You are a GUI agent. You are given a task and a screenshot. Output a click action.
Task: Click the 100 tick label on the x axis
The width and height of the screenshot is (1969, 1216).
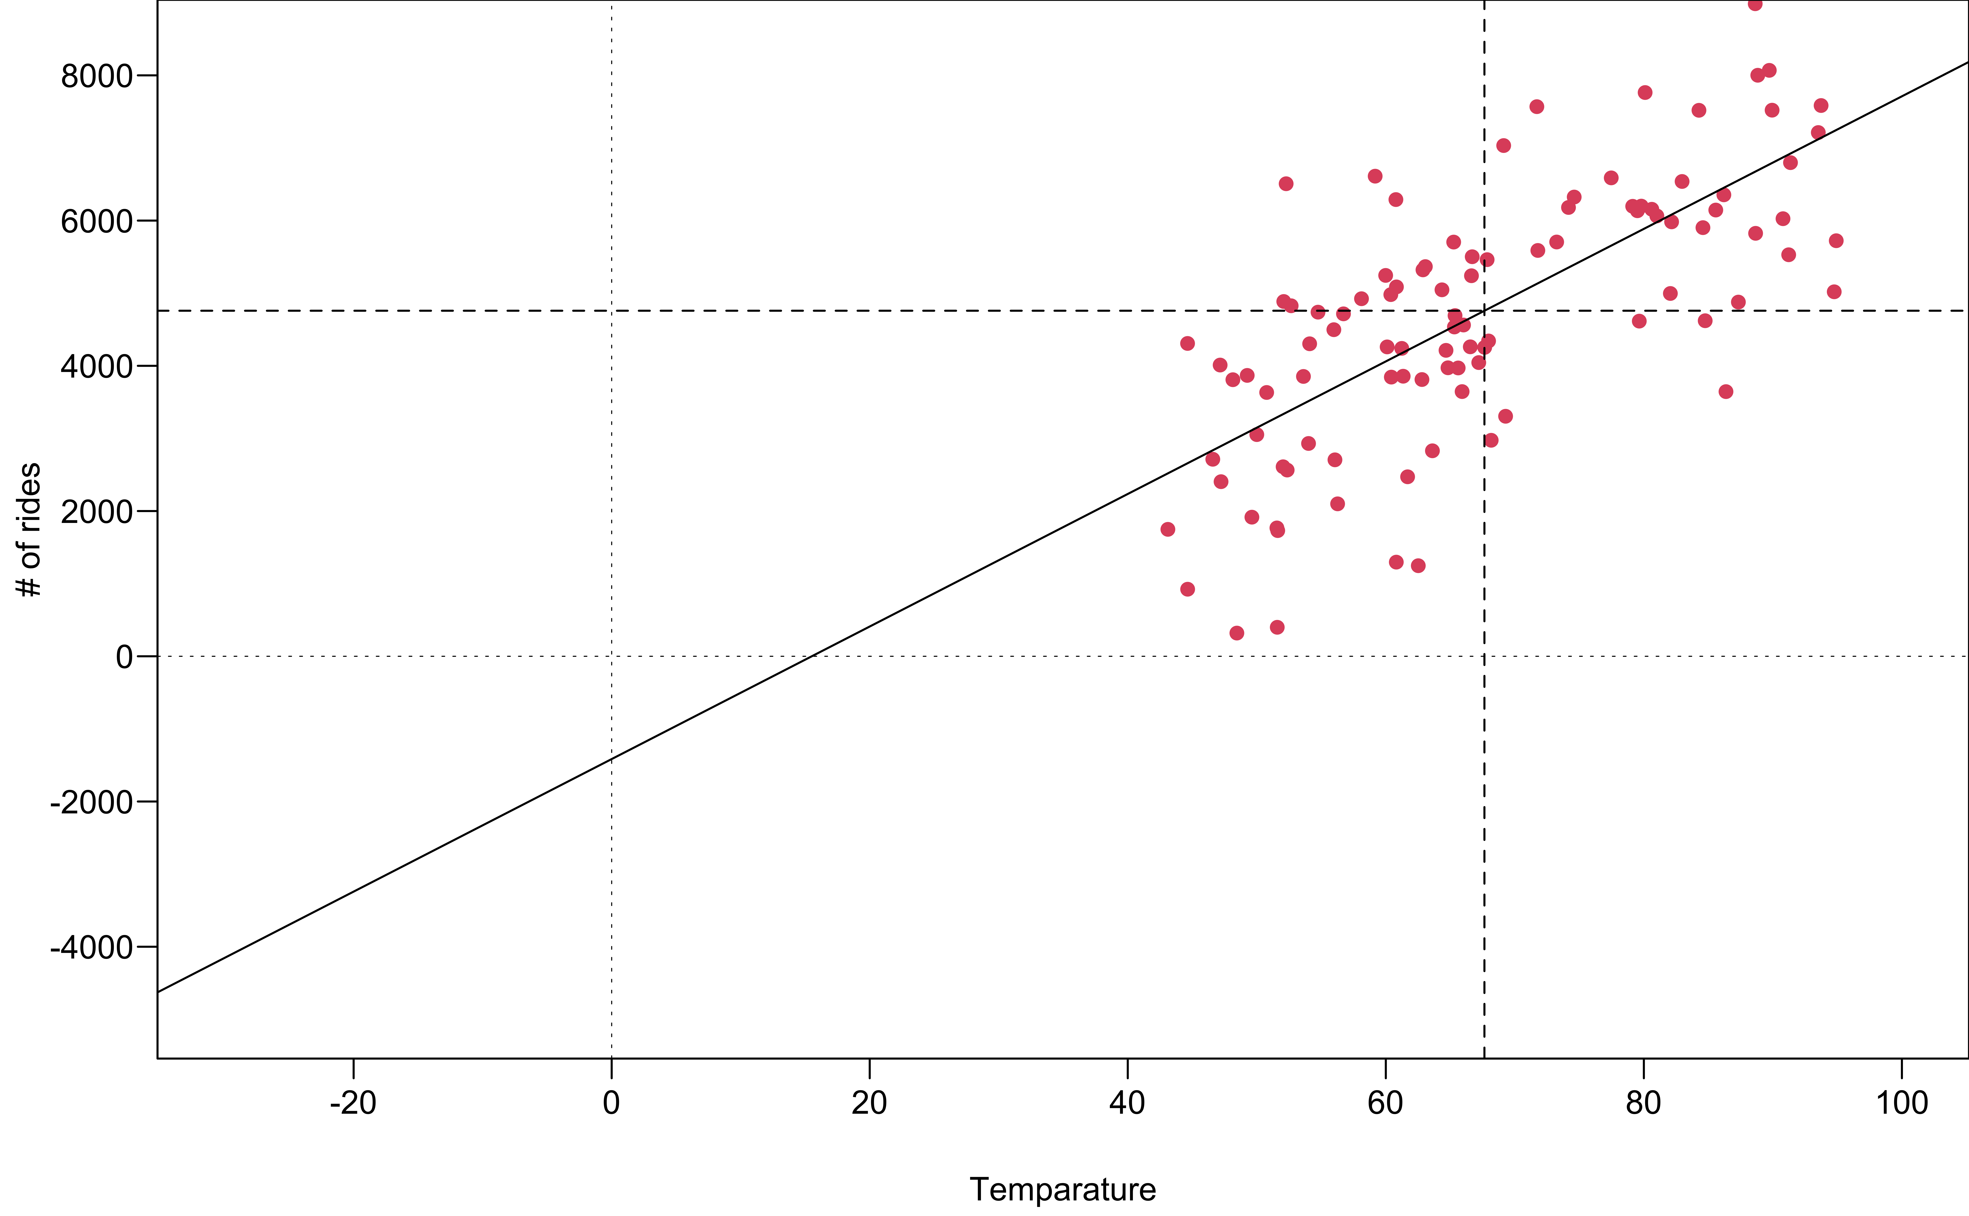[x=1901, y=1103]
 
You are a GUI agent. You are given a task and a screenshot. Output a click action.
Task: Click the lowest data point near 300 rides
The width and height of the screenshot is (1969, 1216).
[x=1237, y=633]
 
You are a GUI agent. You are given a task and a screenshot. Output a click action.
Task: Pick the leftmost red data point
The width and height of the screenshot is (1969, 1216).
[x=1168, y=529]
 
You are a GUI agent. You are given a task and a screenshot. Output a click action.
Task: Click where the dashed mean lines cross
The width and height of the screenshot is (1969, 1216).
[x=1484, y=310]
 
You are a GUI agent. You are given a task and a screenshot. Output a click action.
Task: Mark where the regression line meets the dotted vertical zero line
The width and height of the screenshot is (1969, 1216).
[x=612, y=758]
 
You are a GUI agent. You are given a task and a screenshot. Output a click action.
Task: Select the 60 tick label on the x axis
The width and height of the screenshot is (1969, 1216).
[x=1385, y=1103]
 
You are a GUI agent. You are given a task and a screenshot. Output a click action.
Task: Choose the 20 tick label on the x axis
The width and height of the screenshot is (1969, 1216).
[x=869, y=1103]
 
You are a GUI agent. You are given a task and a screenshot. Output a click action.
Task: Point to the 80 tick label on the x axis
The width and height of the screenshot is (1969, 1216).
[x=1643, y=1103]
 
